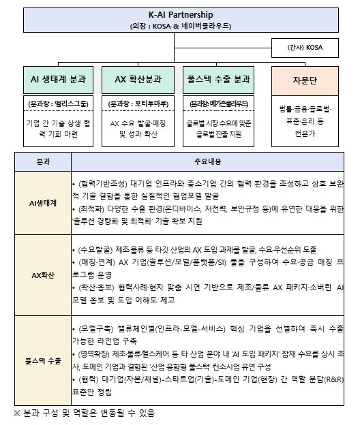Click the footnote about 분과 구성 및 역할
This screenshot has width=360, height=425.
pyautogui.click(x=85, y=413)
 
